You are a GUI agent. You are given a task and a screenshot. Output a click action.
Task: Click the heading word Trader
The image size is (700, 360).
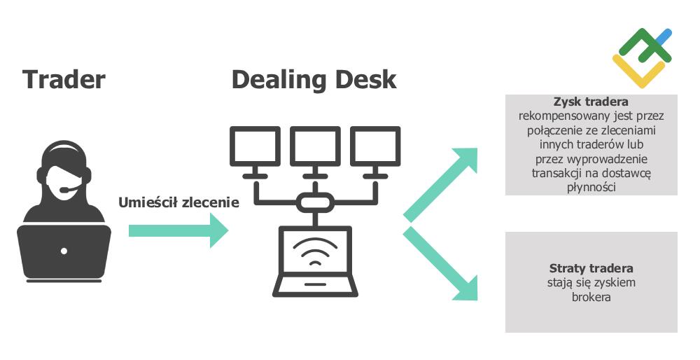tap(64, 79)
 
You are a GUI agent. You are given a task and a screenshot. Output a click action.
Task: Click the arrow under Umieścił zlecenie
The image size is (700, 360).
tap(178, 230)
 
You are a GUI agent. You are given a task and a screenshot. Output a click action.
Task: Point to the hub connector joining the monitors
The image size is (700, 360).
tap(316, 203)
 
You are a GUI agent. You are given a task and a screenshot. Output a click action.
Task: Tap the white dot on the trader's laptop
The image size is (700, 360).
tap(64, 250)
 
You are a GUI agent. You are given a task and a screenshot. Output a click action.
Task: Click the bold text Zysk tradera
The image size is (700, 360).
tap(591, 102)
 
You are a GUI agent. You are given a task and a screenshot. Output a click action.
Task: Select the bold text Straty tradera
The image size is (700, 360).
tap(591, 268)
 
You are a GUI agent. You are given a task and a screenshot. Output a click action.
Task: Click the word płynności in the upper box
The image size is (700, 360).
tap(591, 187)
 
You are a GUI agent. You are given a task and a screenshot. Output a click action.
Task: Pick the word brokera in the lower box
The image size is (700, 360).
tap(591, 297)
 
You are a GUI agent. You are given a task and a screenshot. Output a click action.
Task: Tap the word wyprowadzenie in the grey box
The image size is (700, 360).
tap(610, 158)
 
